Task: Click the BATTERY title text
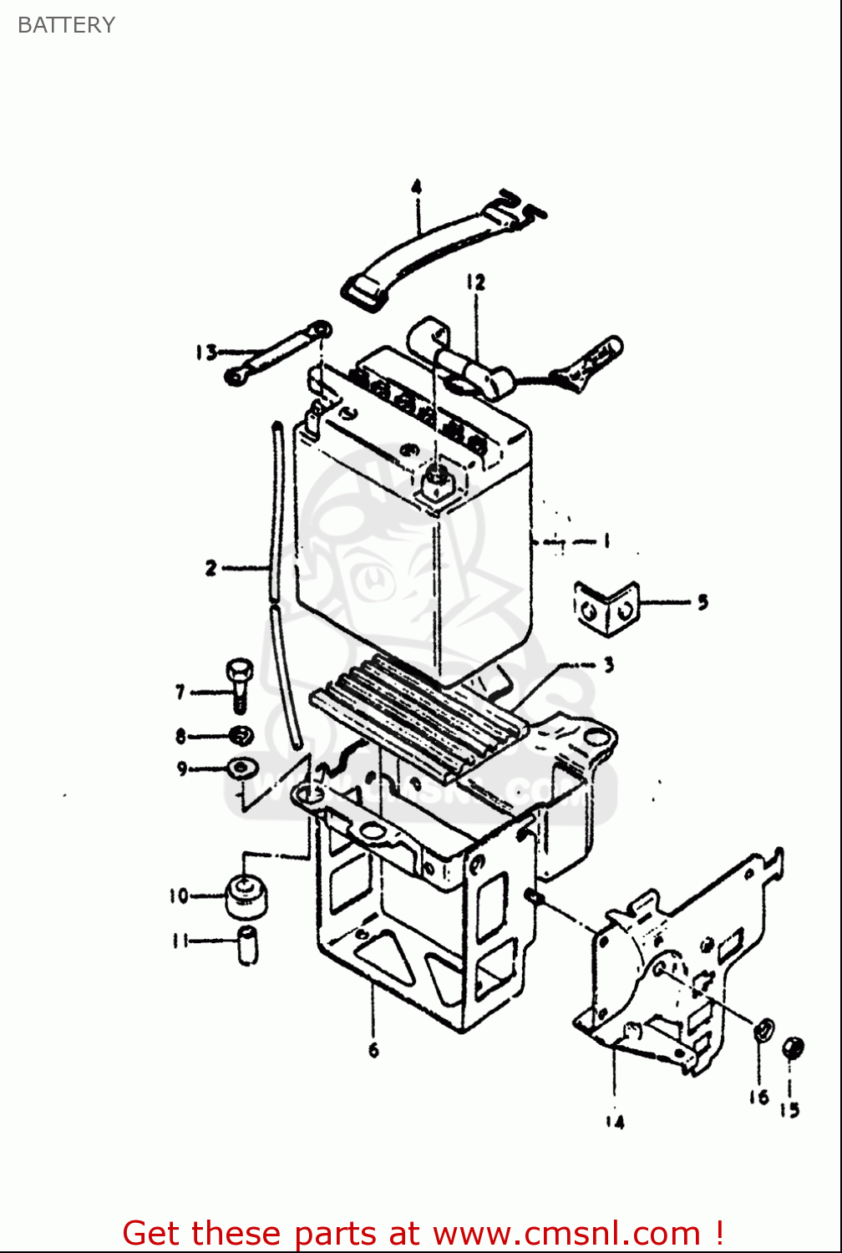coord(66,25)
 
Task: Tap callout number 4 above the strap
coord(416,187)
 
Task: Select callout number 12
coord(475,282)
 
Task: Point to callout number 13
coord(205,353)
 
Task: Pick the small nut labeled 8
coord(241,735)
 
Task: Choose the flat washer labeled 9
coord(242,767)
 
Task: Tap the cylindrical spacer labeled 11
coord(248,944)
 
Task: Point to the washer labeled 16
coord(763,1031)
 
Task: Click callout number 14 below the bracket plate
coord(615,1122)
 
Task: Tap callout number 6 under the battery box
coord(373,1049)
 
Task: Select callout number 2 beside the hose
coord(210,568)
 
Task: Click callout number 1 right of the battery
coord(606,540)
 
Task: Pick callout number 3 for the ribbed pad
coord(609,665)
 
